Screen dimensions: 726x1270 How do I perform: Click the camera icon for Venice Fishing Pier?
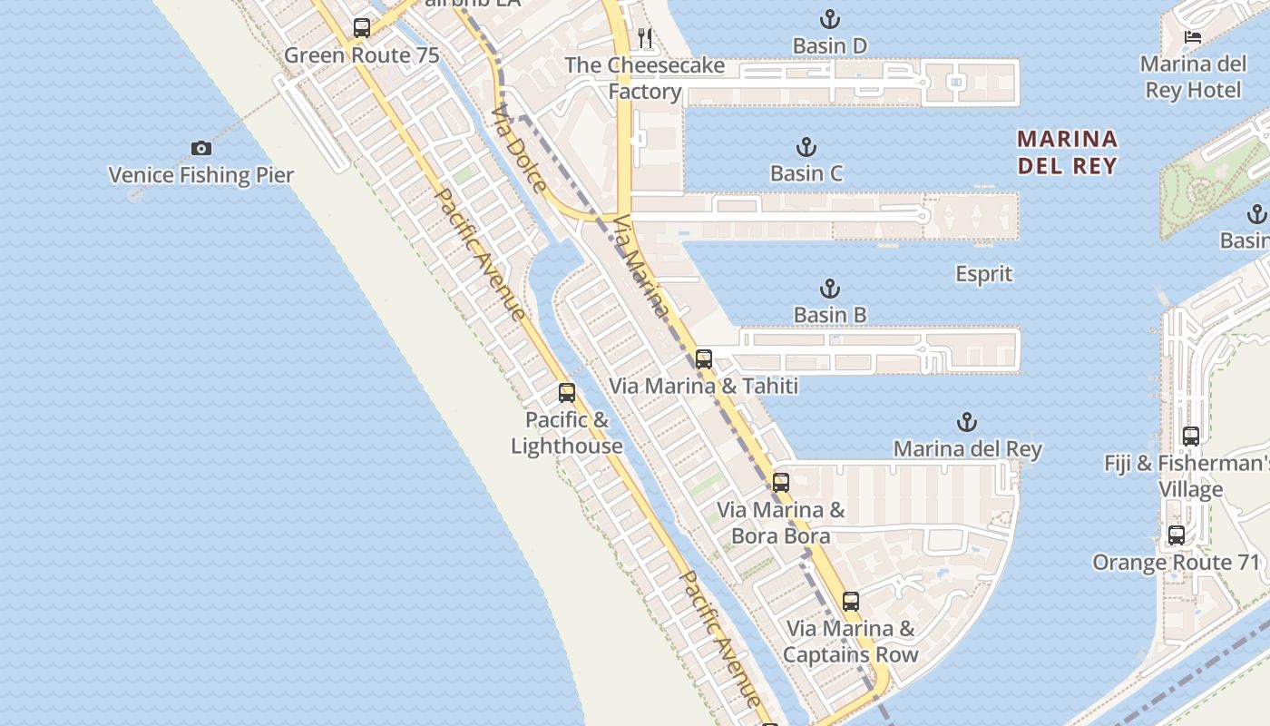point(200,148)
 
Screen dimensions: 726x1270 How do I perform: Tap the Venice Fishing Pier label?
point(200,175)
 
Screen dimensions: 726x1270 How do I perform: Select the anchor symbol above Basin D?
point(829,18)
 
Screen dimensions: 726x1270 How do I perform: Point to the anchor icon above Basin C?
point(806,146)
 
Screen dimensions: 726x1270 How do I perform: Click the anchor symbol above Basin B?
point(829,289)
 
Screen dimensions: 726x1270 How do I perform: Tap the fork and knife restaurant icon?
point(645,37)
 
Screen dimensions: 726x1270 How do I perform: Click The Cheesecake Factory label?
point(644,78)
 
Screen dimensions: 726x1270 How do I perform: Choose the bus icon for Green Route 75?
point(362,28)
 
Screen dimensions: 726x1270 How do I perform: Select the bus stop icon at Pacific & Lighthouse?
point(567,393)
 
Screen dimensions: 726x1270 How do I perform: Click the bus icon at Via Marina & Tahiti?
point(704,359)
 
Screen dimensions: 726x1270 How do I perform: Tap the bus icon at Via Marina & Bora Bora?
point(781,483)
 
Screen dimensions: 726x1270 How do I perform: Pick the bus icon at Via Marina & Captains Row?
point(850,601)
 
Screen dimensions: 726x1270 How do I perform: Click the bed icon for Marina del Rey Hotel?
point(1193,37)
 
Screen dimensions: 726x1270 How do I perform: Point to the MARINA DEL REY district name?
point(1067,152)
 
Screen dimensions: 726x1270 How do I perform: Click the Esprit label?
point(983,274)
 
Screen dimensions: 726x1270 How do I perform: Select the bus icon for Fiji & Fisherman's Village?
point(1191,437)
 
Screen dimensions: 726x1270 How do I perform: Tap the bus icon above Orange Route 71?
point(1177,535)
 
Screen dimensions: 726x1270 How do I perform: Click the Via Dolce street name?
point(519,150)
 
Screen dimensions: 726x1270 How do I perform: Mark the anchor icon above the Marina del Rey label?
point(967,422)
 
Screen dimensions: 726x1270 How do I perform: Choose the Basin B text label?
point(829,315)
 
